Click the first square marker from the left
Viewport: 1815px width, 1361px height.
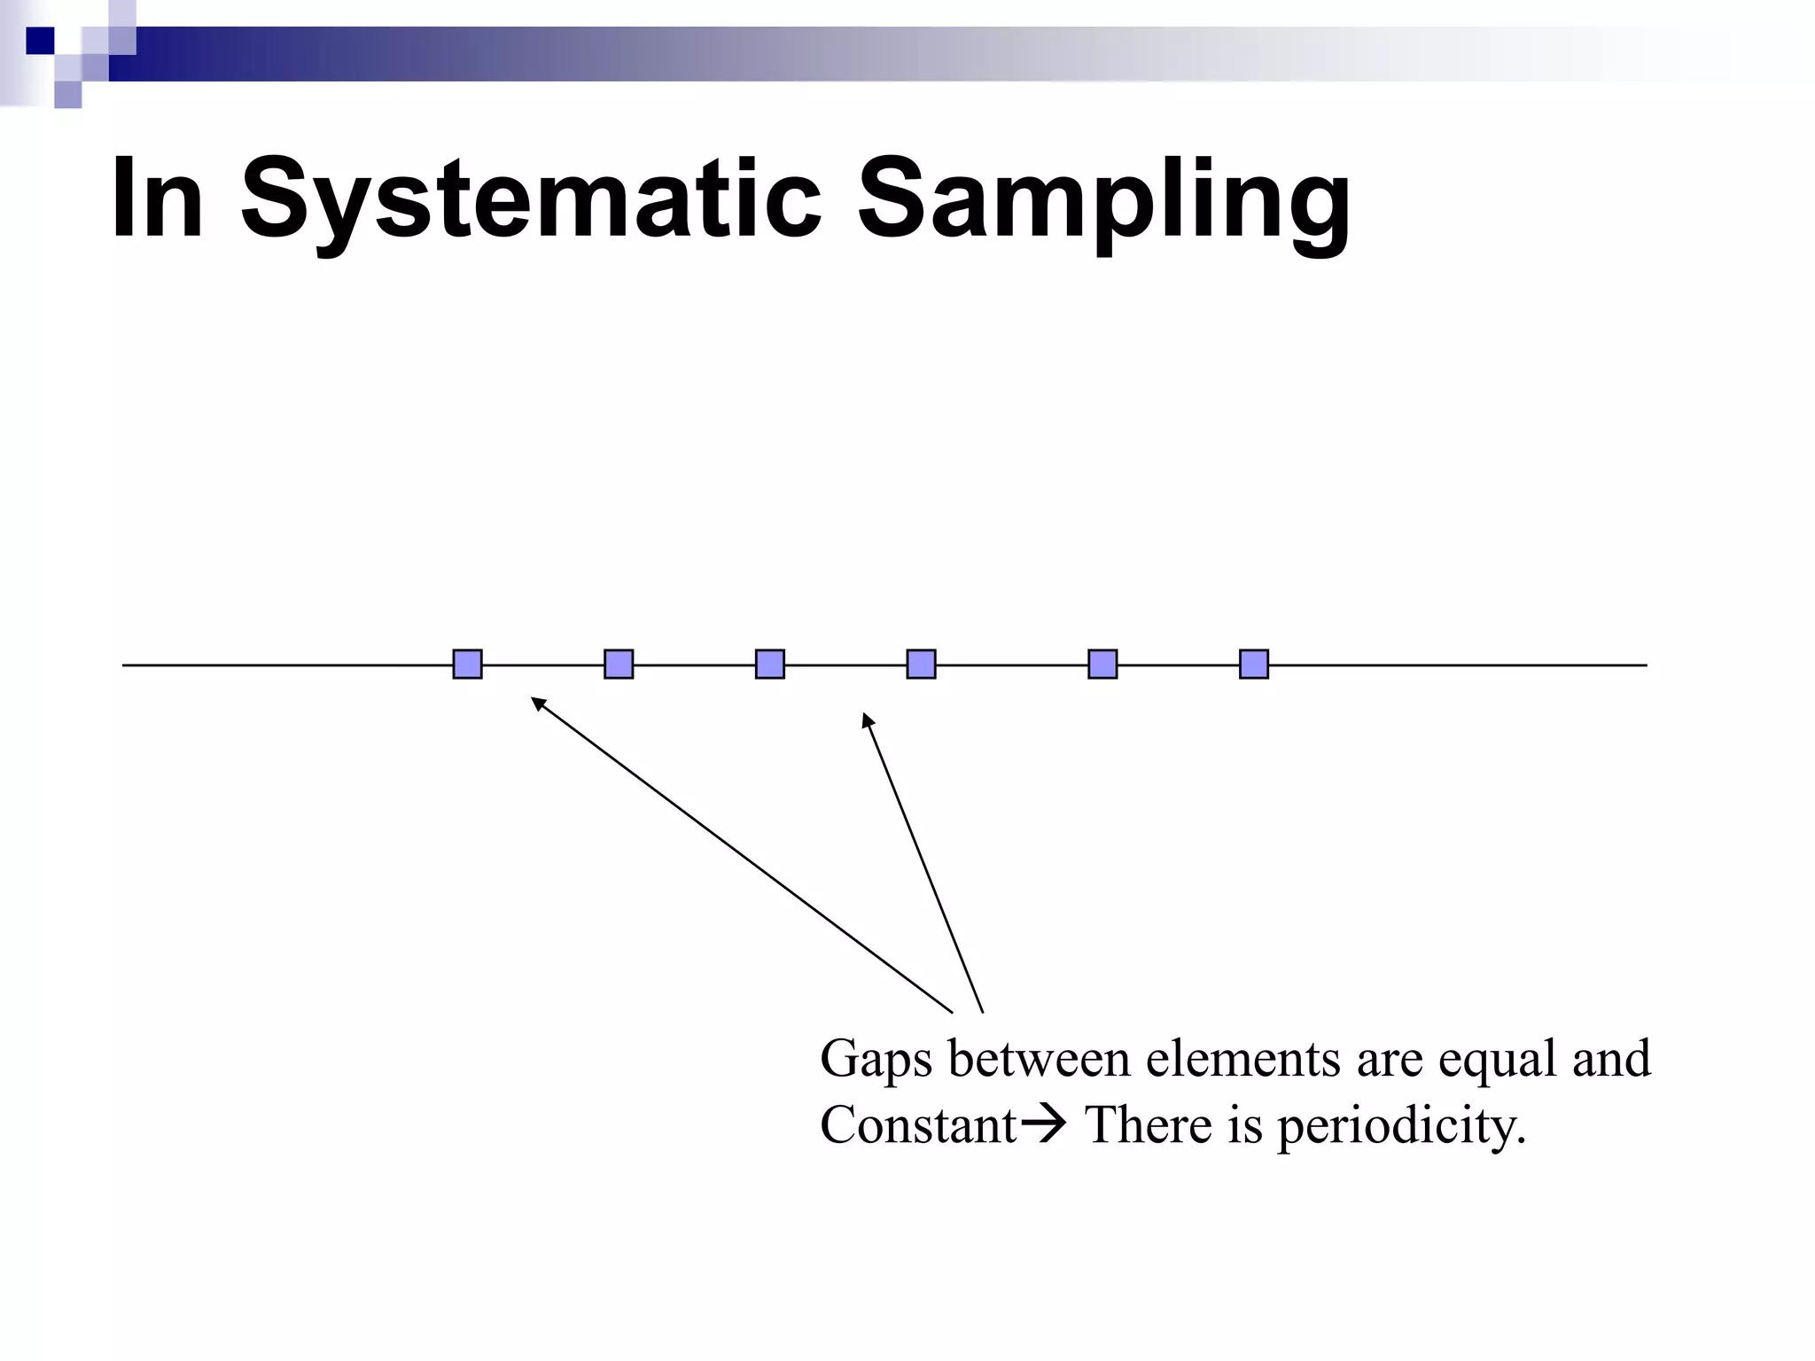tap(467, 664)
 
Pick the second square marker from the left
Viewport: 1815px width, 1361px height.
tap(619, 664)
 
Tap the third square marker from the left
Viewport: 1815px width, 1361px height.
tap(769, 664)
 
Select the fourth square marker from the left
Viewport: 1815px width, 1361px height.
tap(921, 664)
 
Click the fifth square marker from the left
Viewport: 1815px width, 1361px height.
tap(1102, 664)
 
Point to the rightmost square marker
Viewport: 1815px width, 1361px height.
tap(1254, 664)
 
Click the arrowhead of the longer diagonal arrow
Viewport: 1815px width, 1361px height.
tap(537, 704)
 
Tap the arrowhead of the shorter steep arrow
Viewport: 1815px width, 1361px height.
tap(868, 719)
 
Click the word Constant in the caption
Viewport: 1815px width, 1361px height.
tap(918, 1126)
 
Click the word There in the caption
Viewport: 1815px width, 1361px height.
tap(1149, 1126)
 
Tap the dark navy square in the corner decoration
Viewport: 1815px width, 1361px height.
tap(40, 41)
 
